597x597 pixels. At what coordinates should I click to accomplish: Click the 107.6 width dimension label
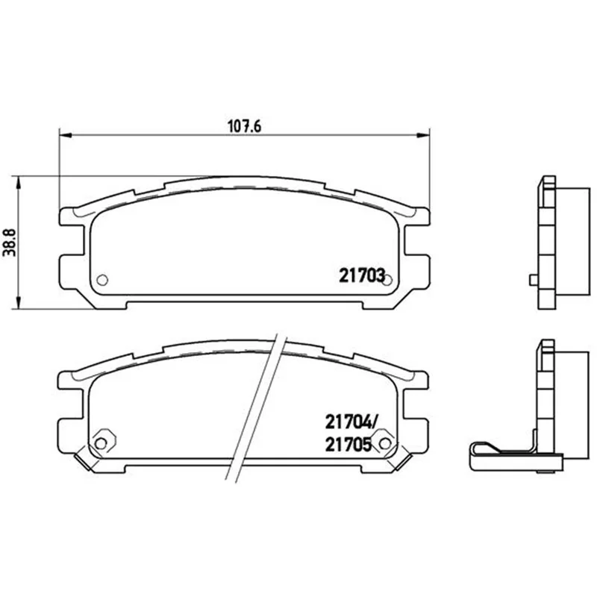coord(245,126)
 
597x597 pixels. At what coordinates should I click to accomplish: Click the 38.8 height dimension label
coord(10,243)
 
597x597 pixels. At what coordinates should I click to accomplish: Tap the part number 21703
coord(362,275)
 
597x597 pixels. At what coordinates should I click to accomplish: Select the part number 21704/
coord(351,422)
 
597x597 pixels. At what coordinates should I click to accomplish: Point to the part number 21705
coord(348,444)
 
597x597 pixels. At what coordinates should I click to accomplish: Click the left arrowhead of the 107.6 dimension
coord(66,135)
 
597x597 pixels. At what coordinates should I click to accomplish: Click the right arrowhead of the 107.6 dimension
coord(423,135)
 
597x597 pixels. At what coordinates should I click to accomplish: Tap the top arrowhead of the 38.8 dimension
coord(17,183)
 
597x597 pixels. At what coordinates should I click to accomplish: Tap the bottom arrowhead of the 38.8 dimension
coord(17,302)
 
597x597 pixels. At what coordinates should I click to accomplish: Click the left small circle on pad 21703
coord(102,280)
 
